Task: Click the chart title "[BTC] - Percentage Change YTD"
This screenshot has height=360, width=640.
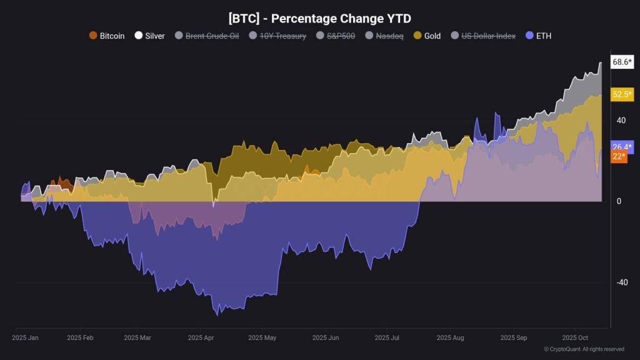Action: click(319, 19)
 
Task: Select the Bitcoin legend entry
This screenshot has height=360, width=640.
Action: click(107, 36)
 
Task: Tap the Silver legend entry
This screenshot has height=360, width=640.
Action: click(150, 36)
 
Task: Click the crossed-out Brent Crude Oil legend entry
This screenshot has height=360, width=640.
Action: click(207, 36)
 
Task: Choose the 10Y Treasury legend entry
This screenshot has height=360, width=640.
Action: click(277, 36)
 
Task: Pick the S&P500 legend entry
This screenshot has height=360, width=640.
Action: click(336, 36)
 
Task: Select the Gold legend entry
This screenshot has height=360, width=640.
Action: click(427, 36)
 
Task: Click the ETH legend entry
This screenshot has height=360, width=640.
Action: click(539, 36)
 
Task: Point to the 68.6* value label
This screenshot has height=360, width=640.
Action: click(622, 62)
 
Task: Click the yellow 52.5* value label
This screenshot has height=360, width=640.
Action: click(622, 94)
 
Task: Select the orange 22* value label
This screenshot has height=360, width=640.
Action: click(618, 156)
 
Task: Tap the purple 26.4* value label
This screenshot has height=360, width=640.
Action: click(622, 147)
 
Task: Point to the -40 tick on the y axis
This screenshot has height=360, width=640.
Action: click(621, 282)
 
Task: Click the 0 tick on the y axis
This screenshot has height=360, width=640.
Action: click(619, 201)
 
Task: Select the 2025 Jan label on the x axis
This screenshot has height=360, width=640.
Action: click(25, 337)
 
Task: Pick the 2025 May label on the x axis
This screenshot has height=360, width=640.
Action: click(262, 337)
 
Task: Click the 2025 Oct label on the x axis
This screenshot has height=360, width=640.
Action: click(576, 337)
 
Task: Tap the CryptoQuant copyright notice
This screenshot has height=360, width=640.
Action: click(584, 349)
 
